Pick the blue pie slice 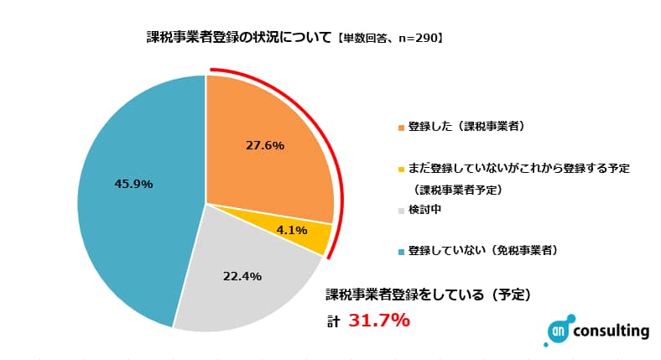pos(134,201)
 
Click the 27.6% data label pos(265,145)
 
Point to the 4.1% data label pos(291,229)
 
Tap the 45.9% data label pos(133,184)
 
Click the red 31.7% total pos(378,320)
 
